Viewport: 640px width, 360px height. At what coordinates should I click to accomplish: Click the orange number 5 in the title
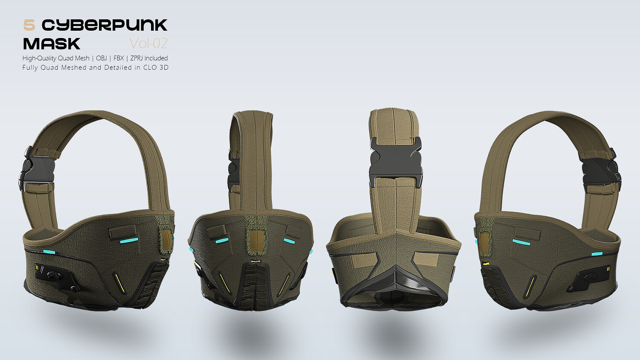click(x=29, y=25)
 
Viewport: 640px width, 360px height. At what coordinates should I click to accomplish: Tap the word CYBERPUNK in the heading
click(x=105, y=25)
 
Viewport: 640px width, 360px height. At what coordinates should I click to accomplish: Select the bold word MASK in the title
click(x=52, y=44)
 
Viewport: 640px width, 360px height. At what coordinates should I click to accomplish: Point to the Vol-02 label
click(x=148, y=44)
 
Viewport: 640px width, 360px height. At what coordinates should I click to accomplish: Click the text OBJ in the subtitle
click(x=102, y=58)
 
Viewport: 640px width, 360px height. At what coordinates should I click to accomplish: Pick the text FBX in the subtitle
click(x=119, y=58)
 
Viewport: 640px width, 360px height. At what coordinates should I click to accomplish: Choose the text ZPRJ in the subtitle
click(x=137, y=58)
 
